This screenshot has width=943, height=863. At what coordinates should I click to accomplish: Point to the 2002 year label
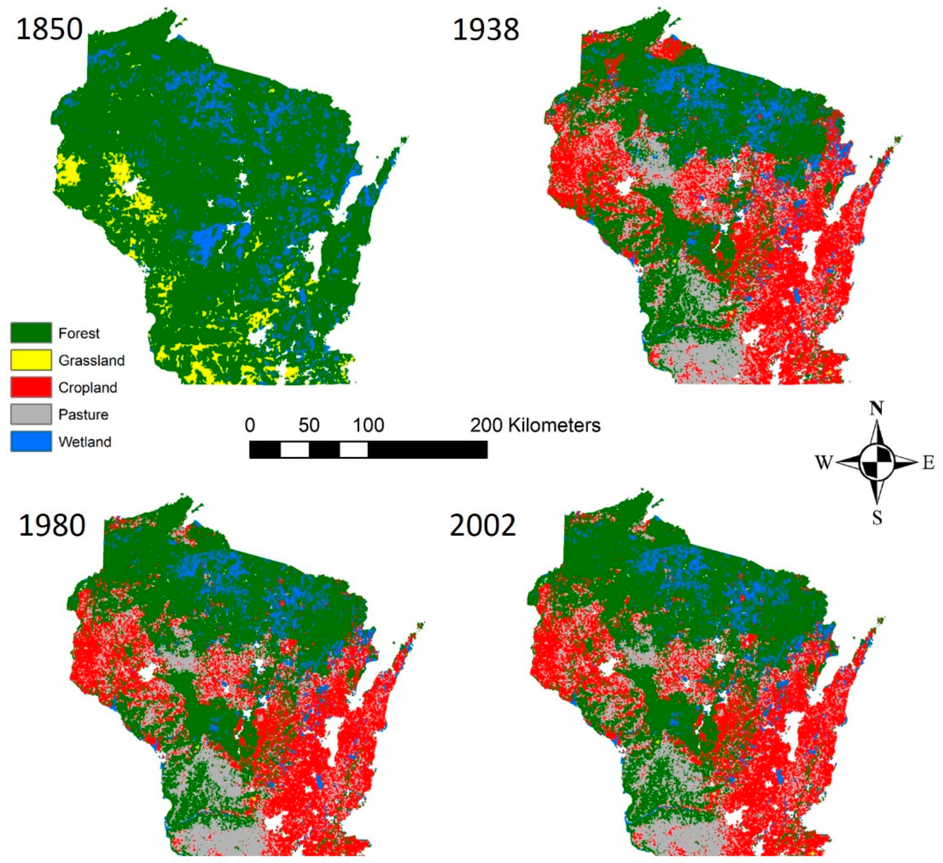click(483, 525)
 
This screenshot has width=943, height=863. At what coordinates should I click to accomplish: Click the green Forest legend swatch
click(31, 333)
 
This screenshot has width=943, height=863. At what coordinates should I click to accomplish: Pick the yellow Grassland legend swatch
click(31, 360)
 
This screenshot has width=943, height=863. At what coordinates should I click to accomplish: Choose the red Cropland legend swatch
click(31, 387)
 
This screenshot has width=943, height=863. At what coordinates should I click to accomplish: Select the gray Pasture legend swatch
click(31, 414)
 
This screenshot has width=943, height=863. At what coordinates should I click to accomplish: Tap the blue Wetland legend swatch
click(31, 442)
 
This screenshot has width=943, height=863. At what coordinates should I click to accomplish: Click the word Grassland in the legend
click(92, 360)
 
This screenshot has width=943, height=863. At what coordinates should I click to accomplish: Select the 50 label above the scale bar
click(309, 425)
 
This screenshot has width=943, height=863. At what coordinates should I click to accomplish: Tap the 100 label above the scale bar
click(369, 425)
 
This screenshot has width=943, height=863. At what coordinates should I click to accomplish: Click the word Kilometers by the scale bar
click(554, 425)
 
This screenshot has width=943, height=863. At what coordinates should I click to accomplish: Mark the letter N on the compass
click(876, 408)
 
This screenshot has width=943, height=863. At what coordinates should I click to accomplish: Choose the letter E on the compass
click(929, 463)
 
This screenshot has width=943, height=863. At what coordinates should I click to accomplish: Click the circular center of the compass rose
click(876, 462)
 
